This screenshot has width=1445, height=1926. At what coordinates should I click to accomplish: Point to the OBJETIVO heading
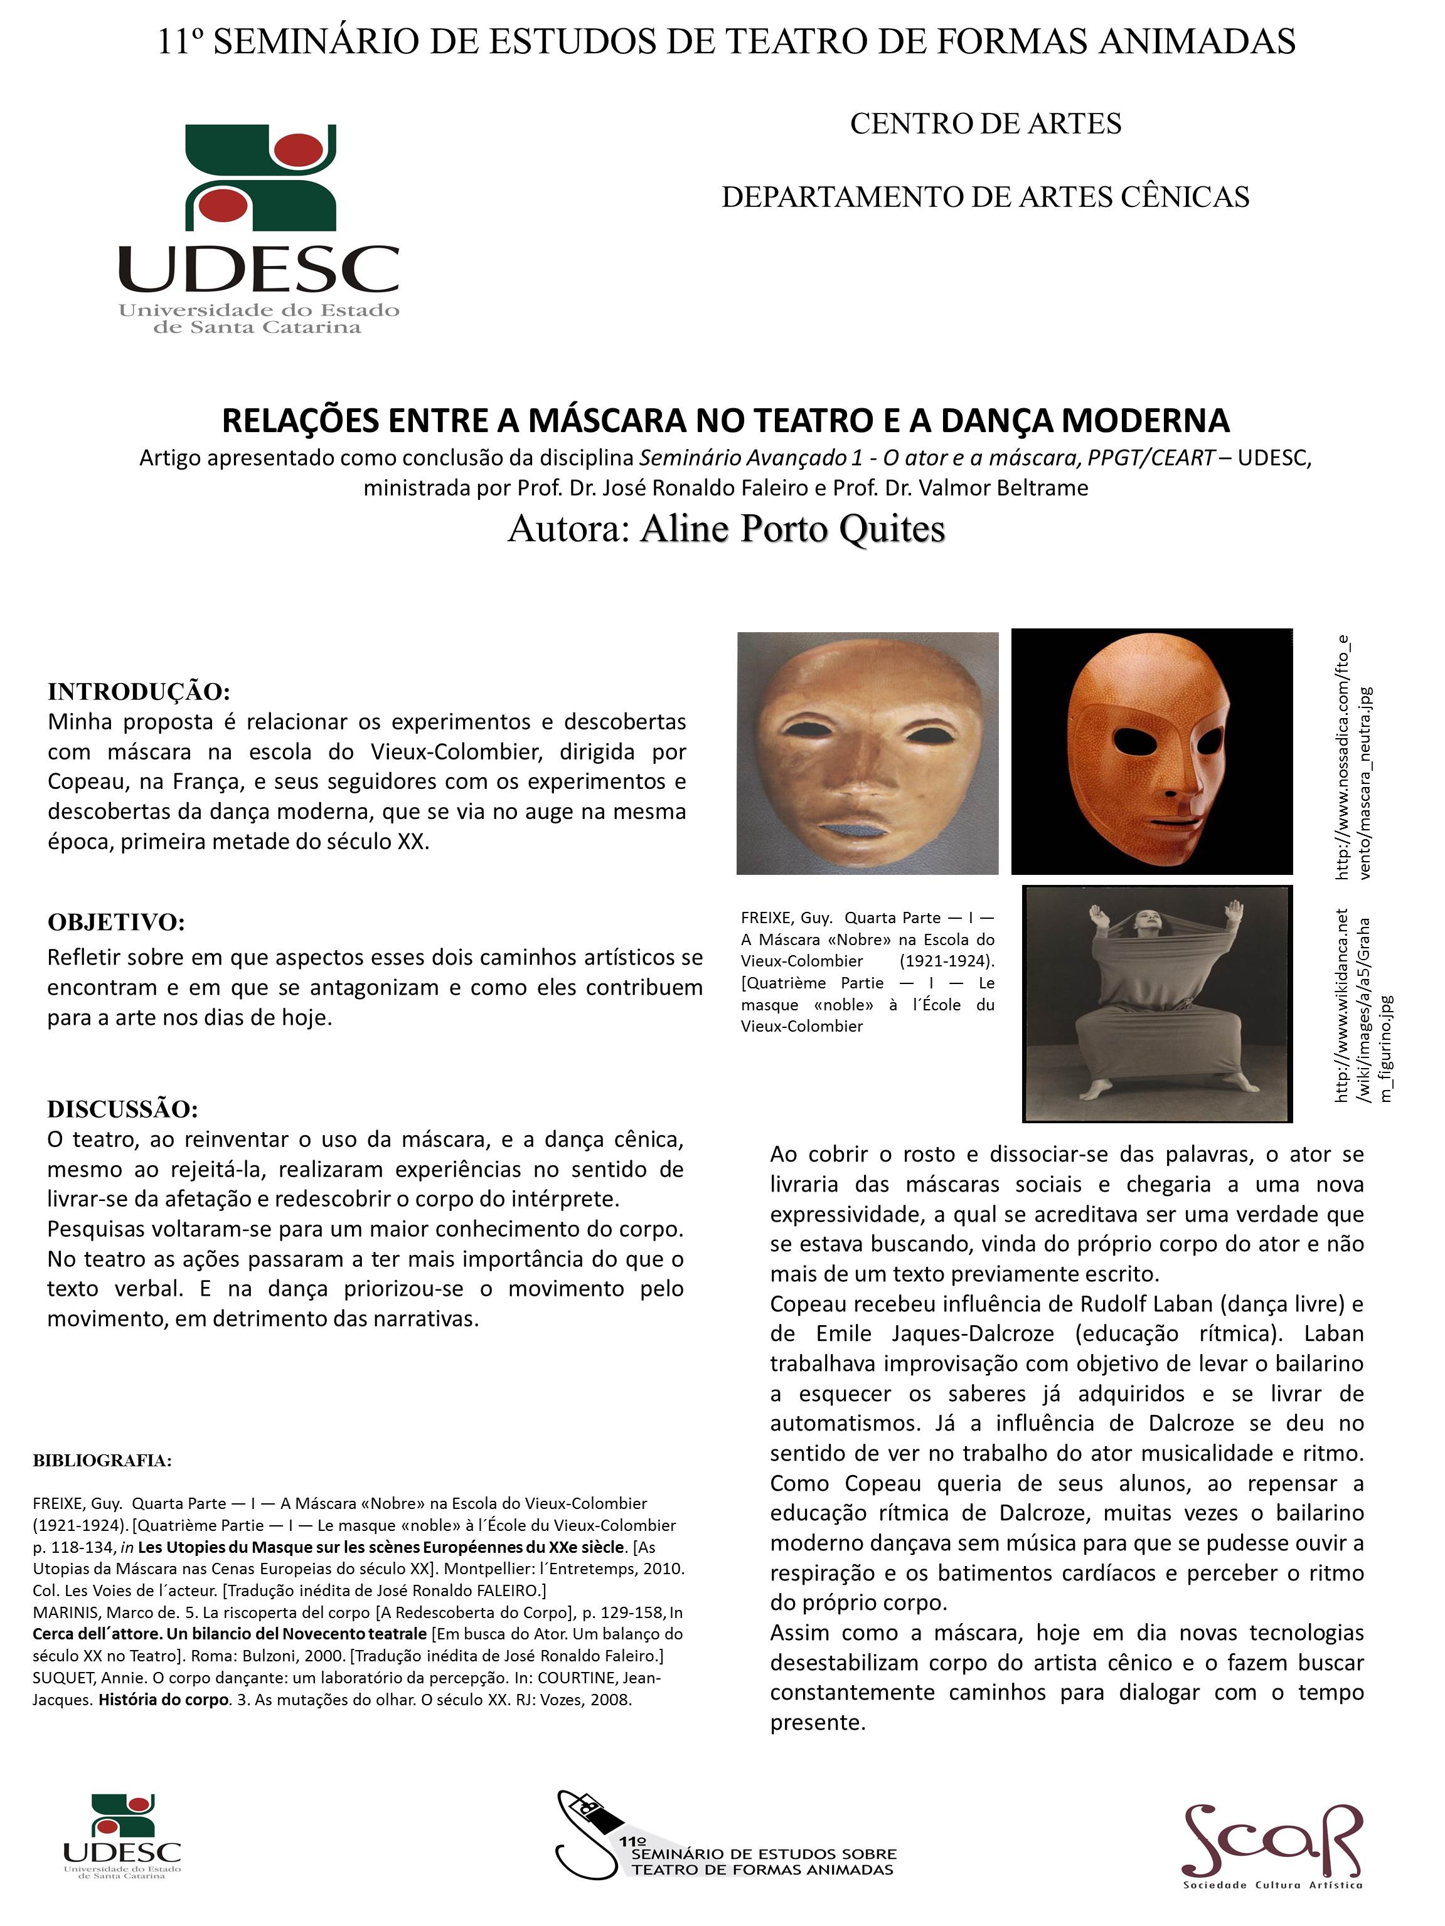pyautogui.click(x=116, y=921)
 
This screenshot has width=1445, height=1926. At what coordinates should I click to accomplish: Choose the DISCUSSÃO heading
pyautogui.click(x=123, y=1108)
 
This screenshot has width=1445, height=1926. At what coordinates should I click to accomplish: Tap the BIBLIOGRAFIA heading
pyautogui.click(x=102, y=1460)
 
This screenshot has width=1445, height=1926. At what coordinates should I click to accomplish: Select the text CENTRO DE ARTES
pyautogui.click(x=985, y=124)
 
